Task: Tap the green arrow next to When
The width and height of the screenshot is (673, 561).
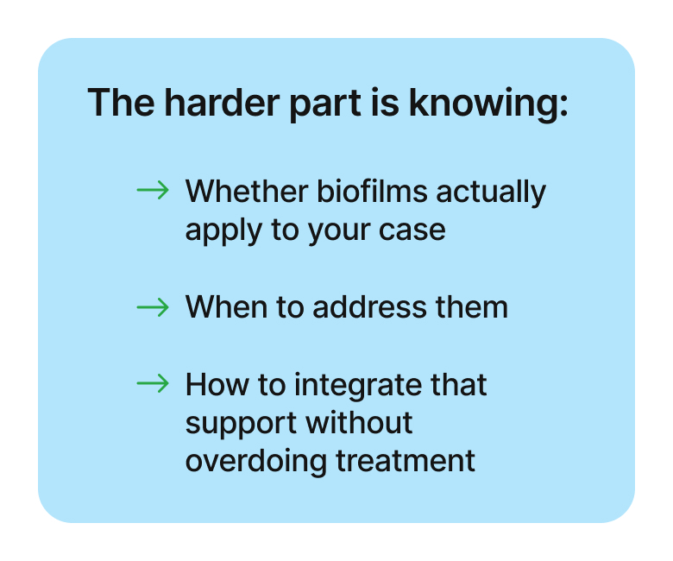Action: click(153, 306)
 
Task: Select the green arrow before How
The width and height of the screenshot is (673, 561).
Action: click(153, 384)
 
